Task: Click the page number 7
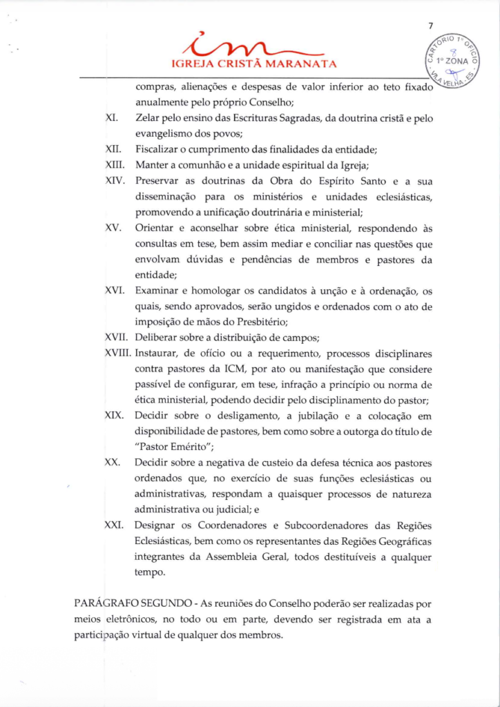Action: coord(430,26)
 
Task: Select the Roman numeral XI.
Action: coord(110,118)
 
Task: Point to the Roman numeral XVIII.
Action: coord(118,353)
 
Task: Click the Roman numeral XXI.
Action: coord(113,525)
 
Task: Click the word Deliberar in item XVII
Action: coord(157,338)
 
